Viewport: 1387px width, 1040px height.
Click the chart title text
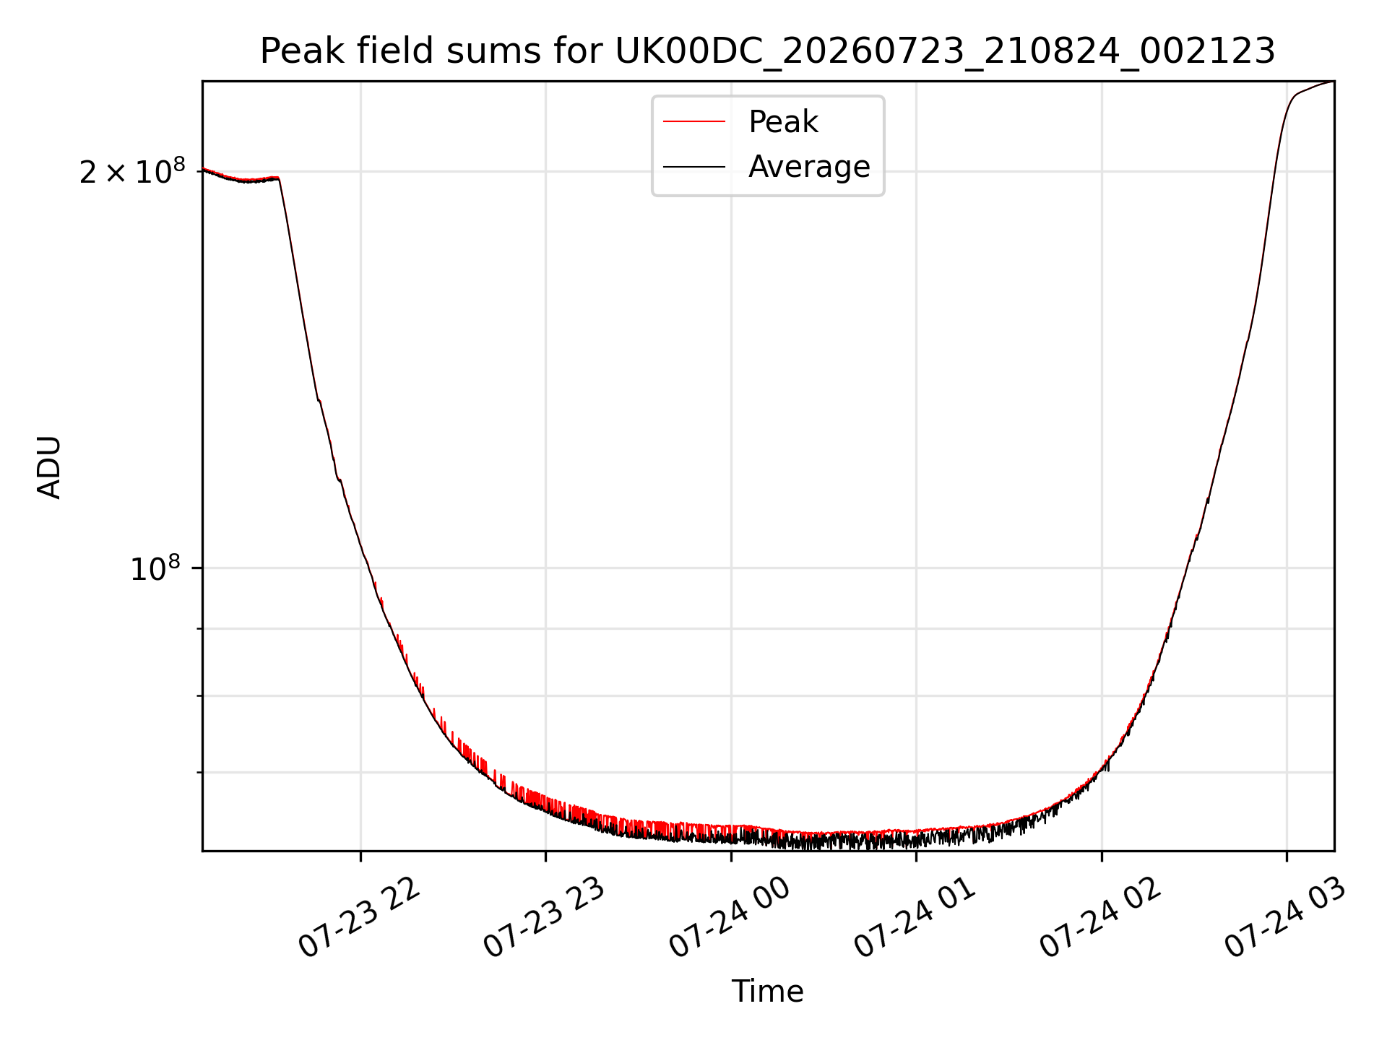(767, 51)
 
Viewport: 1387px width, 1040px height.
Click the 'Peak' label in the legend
(783, 122)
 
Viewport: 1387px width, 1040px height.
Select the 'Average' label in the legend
(809, 167)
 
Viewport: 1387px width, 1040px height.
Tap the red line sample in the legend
(694, 122)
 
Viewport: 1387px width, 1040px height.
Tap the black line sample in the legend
(694, 167)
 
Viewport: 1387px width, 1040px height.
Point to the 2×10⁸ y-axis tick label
(132, 171)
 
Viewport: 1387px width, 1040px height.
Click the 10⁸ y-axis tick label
(155, 568)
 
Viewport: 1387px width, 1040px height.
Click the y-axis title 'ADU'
(49, 467)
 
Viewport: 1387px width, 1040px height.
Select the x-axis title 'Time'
(767, 992)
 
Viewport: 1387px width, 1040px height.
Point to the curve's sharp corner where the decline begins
(278, 178)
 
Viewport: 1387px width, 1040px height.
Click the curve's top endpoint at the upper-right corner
(1334, 82)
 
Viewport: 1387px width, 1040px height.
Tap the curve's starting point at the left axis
(203, 168)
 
